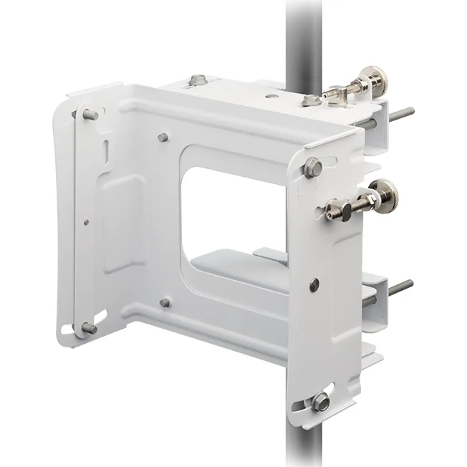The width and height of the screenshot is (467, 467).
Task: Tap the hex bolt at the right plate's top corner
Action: [312, 168]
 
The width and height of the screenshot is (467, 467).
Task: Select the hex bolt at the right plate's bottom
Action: [322, 403]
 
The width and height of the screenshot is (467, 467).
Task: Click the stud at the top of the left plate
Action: [90, 115]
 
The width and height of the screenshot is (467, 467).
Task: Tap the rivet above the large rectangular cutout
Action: [164, 137]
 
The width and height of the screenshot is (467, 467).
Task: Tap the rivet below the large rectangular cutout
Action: [165, 303]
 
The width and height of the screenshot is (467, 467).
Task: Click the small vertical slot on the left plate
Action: [105, 152]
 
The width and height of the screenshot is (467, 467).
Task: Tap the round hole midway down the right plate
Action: [314, 285]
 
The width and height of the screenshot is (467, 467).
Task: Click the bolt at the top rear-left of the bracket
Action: [198, 82]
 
